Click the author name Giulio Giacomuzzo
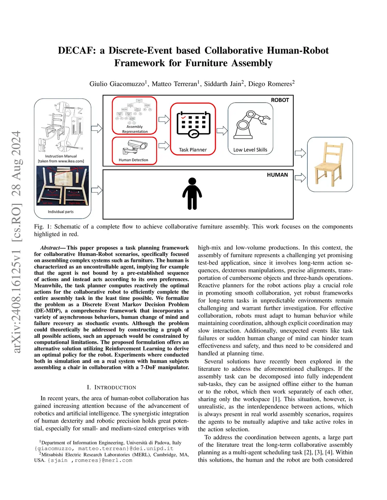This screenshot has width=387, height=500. point(117,84)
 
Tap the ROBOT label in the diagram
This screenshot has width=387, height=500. point(280,100)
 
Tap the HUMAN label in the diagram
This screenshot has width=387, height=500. point(277,175)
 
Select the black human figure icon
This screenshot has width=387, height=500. point(192,194)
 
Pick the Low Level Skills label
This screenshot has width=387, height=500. point(250,150)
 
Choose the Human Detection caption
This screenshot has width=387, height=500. point(133,160)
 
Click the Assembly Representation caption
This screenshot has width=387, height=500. point(135,129)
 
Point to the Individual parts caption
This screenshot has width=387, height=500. point(60,212)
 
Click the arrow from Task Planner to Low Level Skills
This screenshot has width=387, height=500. point(222,131)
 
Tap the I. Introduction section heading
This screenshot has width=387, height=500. point(111,387)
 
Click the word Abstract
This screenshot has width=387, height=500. point(50,248)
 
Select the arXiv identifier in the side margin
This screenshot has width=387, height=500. point(16,242)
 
